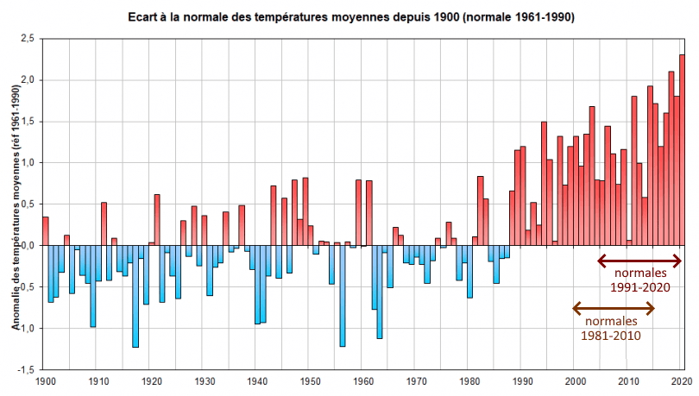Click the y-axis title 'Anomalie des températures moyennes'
click(x=16, y=204)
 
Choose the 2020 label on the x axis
click(x=683, y=380)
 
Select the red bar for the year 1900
click(x=46, y=231)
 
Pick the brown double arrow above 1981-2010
click(x=614, y=307)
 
